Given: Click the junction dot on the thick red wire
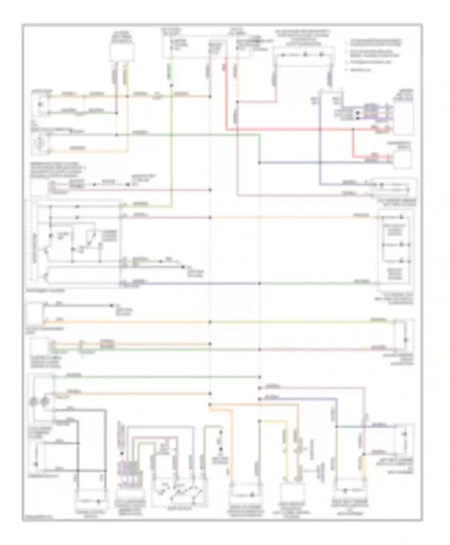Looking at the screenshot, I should point(353,129).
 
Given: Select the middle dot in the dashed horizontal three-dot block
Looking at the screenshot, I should point(305,55).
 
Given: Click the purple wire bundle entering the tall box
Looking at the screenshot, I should point(375,113).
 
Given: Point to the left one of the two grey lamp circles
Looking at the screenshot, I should point(34,401).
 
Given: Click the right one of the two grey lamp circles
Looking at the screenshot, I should point(45,401).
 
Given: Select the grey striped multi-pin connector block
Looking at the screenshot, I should point(128,470).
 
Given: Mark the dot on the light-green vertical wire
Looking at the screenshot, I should point(171,86).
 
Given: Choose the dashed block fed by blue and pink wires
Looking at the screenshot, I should point(394,188).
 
